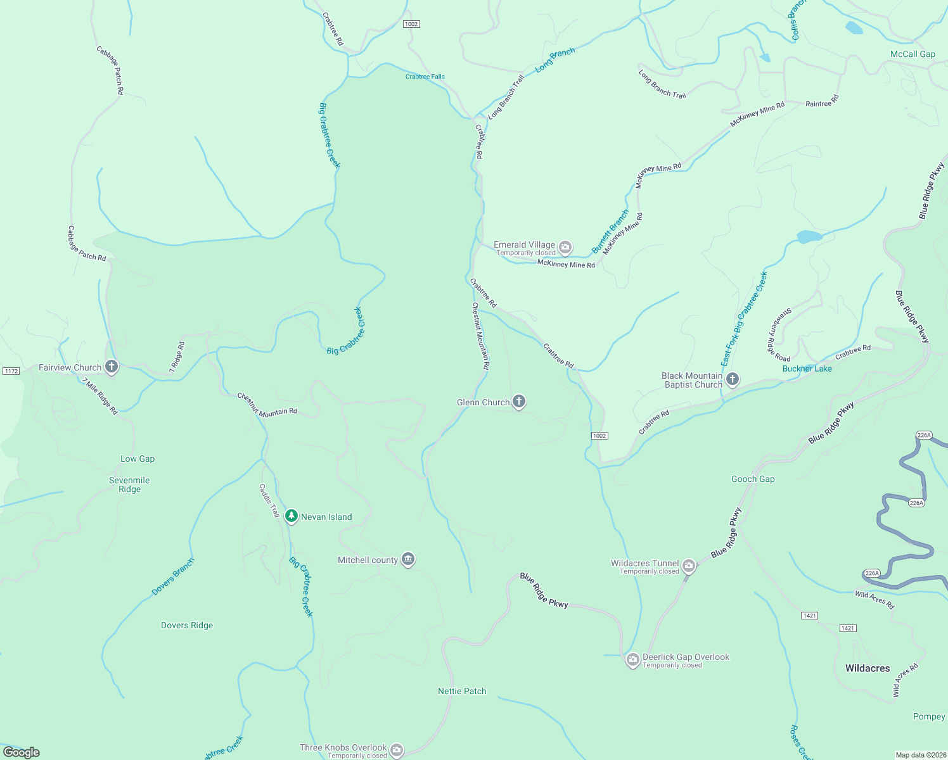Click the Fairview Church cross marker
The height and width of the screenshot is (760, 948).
point(112,367)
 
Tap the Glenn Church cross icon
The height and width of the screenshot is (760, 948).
point(519,402)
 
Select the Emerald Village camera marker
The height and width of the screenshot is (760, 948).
point(565,247)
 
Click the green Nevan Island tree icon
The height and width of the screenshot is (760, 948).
point(291,516)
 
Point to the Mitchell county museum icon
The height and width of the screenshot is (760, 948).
point(408,559)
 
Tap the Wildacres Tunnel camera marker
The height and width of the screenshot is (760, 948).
point(689,566)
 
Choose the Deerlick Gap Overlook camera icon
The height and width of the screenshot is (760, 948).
point(632,660)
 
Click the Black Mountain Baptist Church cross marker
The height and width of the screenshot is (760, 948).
point(733,379)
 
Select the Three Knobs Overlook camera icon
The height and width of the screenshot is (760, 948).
point(397,750)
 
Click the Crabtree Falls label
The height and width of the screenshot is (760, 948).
point(425,77)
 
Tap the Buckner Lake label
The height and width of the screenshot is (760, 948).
point(807,369)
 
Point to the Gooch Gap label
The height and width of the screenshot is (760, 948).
point(753,479)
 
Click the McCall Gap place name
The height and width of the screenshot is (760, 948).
point(913,54)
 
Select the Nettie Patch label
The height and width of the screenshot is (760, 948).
point(462,691)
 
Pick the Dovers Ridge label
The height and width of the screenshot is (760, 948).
point(187,625)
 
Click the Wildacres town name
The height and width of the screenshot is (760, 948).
point(867,668)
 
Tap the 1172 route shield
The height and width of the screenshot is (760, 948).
point(11,371)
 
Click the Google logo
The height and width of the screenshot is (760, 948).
point(22,752)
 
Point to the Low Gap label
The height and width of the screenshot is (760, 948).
point(138,459)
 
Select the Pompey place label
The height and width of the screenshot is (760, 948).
point(929,716)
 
